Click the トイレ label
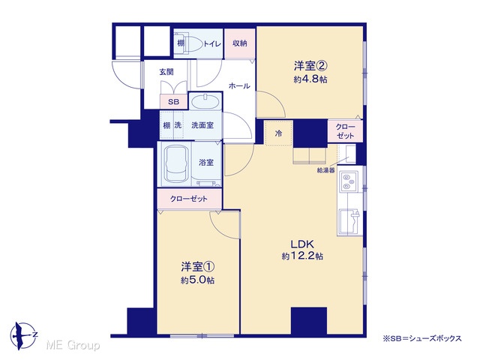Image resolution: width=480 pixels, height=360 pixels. pos(211,43)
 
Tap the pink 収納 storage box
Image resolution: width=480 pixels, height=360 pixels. pos(240,43)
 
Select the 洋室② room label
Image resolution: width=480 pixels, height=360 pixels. pos(310,66)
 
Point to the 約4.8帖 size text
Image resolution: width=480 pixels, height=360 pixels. pos(310,79)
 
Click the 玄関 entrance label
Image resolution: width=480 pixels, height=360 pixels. pos(166,72)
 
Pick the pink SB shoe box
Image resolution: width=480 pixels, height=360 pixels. pos(173,102)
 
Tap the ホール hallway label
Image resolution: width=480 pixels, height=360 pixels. pos(239,86)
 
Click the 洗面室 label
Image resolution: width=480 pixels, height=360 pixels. pos(202,125)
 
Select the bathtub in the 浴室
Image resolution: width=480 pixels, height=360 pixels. pos(176,163)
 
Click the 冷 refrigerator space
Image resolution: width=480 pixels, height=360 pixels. pos(278,133)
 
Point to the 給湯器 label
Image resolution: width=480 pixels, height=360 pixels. pos(325,170)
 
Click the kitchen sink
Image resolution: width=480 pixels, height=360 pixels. pos(350,222)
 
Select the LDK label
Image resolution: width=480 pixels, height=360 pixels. pos(302,244)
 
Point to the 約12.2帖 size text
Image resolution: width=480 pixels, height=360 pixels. pos(302,256)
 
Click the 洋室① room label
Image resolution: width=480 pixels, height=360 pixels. pos(197,267)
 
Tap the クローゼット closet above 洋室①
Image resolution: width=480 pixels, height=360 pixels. pos(189,199)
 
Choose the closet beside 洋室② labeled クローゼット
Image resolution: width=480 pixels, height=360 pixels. pos(345,131)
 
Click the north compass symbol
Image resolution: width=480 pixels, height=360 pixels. pos(23,336)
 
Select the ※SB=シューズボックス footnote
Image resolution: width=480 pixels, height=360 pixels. pos(421,338)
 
